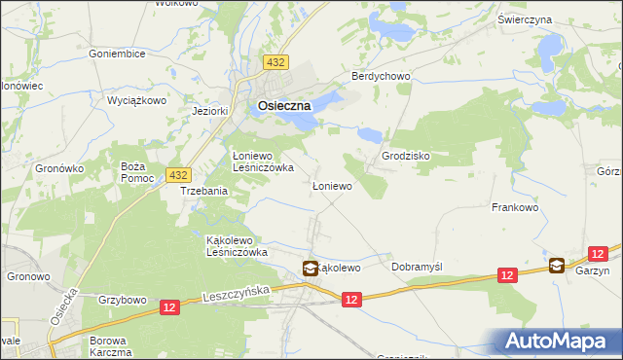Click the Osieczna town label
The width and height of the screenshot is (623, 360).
pyautogui.click(x=283, y=106)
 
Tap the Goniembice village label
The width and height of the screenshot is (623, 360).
pyautogui.click(x=116, y=54)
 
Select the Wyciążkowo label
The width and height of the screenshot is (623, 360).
pyautogui.click(x=137, y=100)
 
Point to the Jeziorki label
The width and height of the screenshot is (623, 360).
pyautogui.click(x=210, y=111)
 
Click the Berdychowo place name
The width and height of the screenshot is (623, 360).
pyautogui.click(x=382, y=77)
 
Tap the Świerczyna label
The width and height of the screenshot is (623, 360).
pyautogui.click(x=552, y=19)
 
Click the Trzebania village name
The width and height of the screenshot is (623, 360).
pyautogui.click(x=203, y=192)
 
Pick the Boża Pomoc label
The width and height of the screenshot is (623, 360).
pyautogui.click(x=133, y=171)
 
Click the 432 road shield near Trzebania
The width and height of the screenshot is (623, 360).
pyautogui.click(x=177, y=174)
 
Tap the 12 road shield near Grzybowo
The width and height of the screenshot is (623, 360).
pyautogui.click(x=170, y=307)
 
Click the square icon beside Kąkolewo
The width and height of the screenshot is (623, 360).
pyautogui.click(x=310, y=269)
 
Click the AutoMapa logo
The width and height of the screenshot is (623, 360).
pyautogui.click(x=556, y=342)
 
